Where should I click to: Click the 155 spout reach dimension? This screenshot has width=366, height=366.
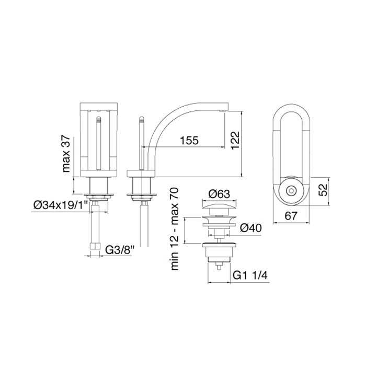pyautogui.click(x=189, y=141)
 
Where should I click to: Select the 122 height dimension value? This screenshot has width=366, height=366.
pyautogui.click(x=234, y=141)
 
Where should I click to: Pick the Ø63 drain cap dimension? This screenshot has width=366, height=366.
pyautogui.click(x=220, y=194)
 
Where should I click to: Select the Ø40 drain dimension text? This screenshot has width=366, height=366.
pyautogui.click(x=251, y=227)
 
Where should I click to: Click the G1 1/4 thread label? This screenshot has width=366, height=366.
pyautogui.click(x=250, y=276)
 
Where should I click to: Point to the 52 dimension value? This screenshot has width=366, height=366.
pyautogui.click(x=323, y=190)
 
